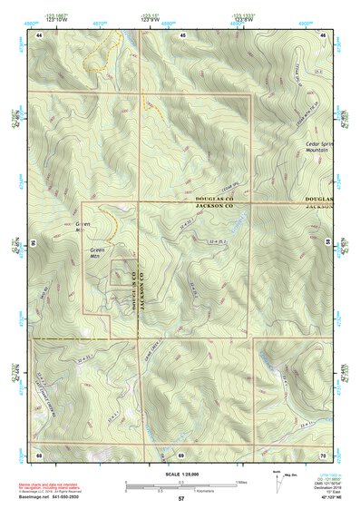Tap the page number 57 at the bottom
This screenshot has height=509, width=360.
181,499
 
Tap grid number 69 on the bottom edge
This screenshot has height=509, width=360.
181,454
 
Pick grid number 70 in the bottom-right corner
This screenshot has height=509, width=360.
324,454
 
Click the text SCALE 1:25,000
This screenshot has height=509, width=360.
181,475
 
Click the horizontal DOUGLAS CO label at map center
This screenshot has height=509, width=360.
215,197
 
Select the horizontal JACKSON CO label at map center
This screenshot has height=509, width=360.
215,205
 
